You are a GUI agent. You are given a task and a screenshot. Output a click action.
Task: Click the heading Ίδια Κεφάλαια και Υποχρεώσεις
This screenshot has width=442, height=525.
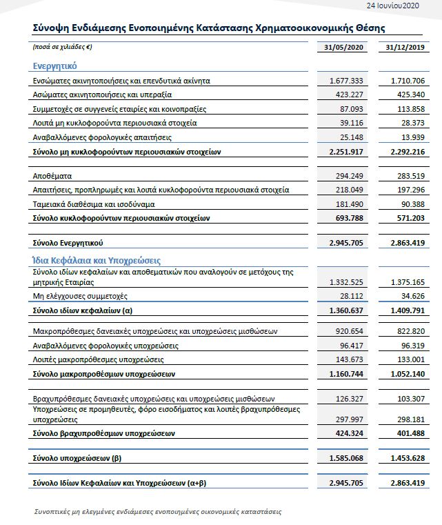(x=97, y=260)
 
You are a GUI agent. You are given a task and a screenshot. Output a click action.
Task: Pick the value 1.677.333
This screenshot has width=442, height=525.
(x=346, y=81)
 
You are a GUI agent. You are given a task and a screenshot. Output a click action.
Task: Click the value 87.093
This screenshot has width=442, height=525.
(x=351, y=108)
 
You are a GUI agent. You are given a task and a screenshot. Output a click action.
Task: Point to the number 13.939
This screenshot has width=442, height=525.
(x=412, y=136)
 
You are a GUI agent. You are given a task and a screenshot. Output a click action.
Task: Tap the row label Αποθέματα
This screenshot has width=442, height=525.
(x=52, y=176)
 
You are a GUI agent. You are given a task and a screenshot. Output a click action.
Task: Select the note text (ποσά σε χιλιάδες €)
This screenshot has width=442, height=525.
(x=62, y=48)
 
